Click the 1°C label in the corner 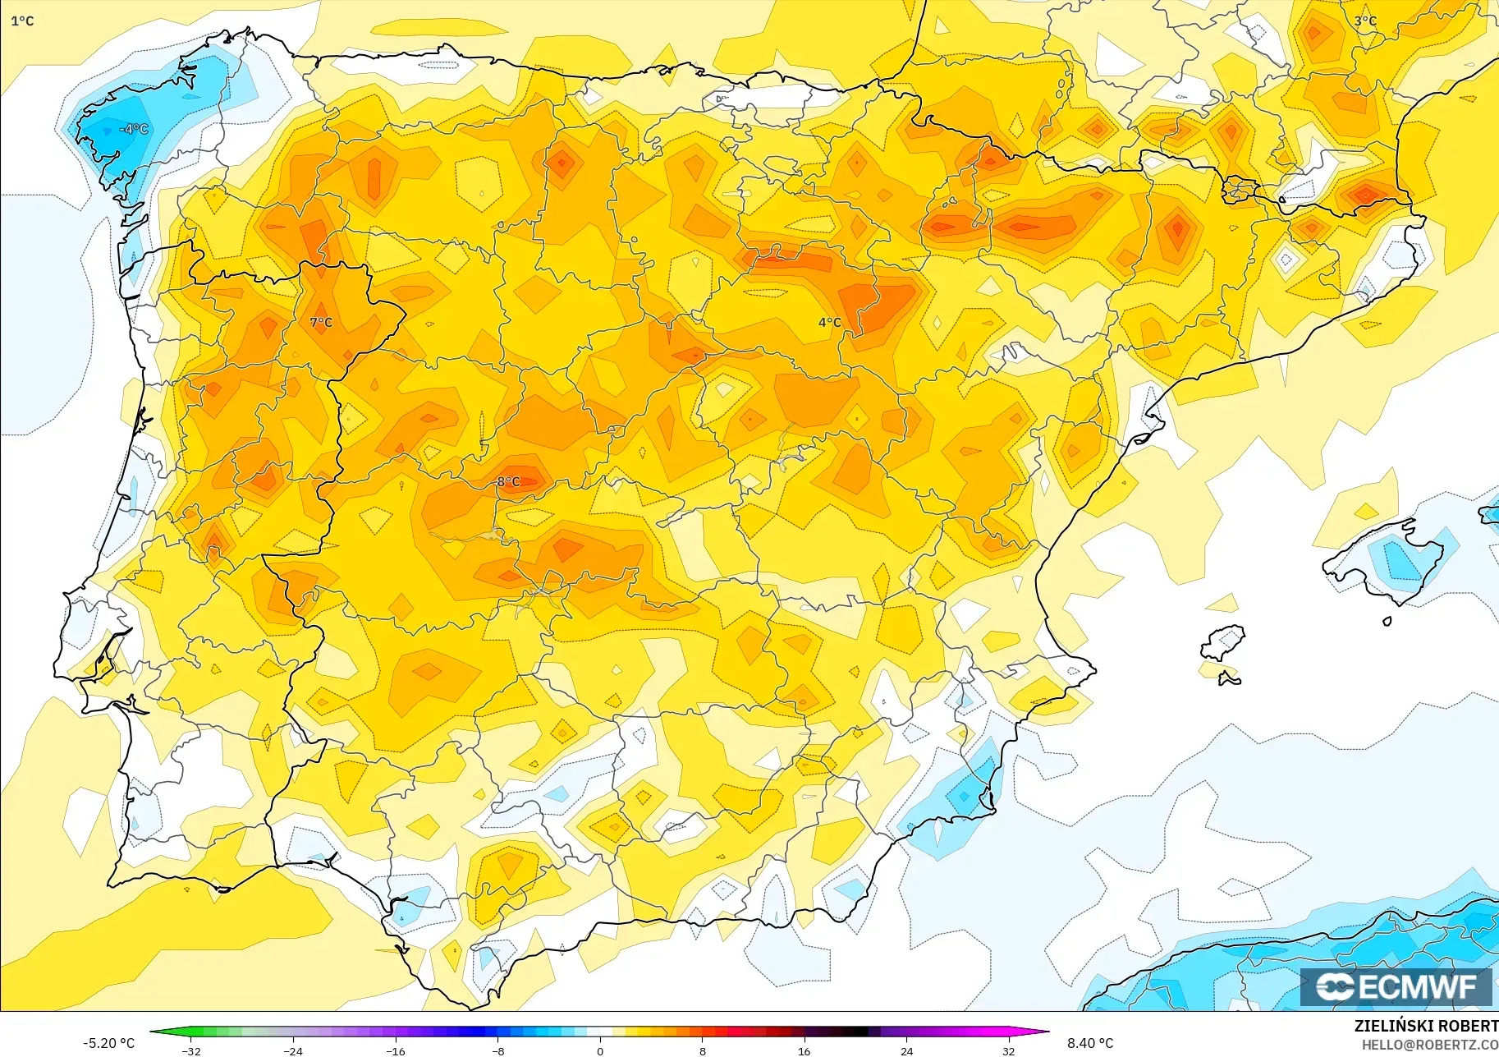(x=22, y=21)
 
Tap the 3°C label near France (x=1365, y=21)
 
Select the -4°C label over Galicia (x=135, y=129)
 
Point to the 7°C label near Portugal (x=321, y=323)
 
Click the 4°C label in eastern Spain (x=829, y=323)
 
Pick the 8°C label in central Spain (x=508, y=482)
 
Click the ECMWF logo (x=1396, y=986)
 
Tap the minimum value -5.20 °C (x=108, y=1043)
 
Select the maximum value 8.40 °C (x=1090, y=1043)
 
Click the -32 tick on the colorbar (x=190, y=1050)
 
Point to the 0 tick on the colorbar (x=600, y=1050)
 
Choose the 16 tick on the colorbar (x=804, y=1050)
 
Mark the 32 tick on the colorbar (x=1008, y=1050)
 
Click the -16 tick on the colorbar (x=395, y=1050)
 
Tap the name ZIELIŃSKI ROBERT (x=1426, y=1026)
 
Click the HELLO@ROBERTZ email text (x=1429, y=1045)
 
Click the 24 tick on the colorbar (x=906, y=1050)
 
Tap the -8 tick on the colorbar (x=497, y=1050)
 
